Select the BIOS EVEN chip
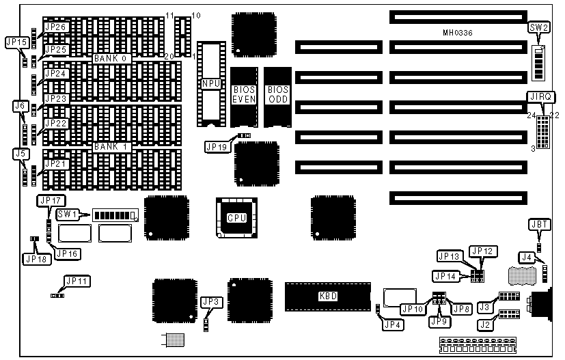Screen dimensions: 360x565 [x=244, y=95]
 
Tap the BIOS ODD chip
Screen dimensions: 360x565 [x=277, y=95]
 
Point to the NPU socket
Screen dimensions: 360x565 [x=210, y=83]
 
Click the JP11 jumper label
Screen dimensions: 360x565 [x=76, y=281]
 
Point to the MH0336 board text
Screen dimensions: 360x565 [x=458, y=32]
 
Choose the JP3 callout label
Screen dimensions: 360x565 [x=210, y=301]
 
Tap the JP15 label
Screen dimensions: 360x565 [x=16, y=42]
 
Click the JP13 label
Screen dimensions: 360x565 [x=449, y=256]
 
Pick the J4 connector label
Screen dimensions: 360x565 [x=527, y=258]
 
